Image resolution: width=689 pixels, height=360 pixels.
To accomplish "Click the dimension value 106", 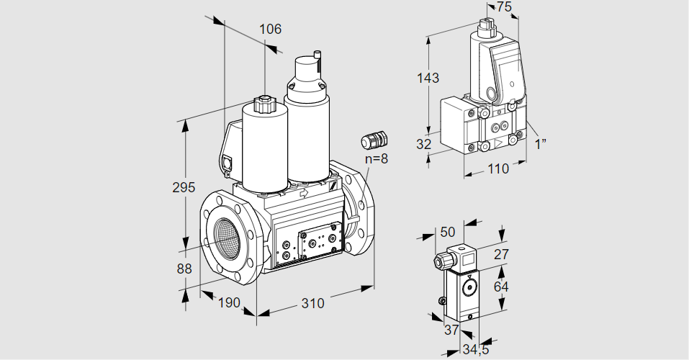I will (270, 30).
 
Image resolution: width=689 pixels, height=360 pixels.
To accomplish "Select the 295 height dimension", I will (184, 187).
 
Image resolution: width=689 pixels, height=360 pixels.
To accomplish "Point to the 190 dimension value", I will (228, 303).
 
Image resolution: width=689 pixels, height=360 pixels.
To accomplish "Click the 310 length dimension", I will (312, 303).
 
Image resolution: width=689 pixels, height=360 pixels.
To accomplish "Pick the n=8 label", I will (376, 158).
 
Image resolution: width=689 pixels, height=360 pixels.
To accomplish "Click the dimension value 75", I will (505, 7).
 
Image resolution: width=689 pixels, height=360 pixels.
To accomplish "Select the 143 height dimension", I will (428, 78).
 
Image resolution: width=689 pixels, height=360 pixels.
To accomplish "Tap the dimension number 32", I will (424, 144).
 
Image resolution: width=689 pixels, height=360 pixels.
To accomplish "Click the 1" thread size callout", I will (541, 144).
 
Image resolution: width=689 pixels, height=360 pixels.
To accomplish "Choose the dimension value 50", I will (448, 232).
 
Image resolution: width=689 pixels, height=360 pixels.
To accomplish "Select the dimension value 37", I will (451, 330).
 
